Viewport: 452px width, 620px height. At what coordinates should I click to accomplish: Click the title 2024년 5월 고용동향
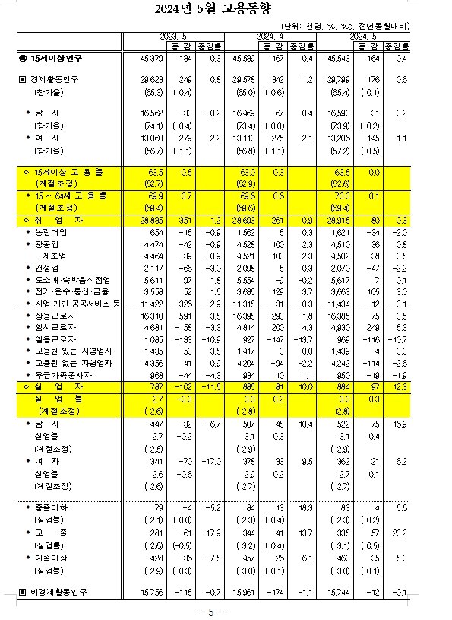[226, 10]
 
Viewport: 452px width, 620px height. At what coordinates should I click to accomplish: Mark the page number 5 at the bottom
[226, 612]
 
